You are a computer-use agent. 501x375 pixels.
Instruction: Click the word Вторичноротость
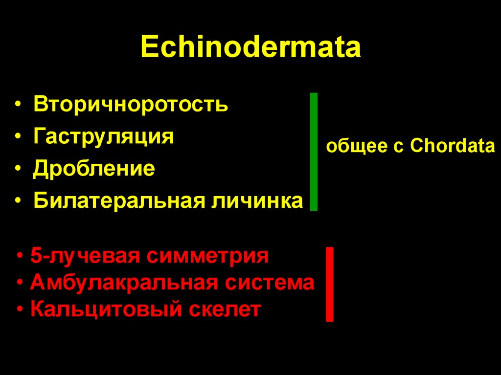(x=131, y=105)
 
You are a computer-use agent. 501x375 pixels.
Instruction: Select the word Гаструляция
(x=104, y=136)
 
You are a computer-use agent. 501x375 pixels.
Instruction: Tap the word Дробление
(x=94, y=169)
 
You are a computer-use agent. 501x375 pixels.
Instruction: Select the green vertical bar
(x=314, y=152)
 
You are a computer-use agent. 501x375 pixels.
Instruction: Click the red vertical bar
(x=330, y=284)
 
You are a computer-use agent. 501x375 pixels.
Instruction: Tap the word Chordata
(x=453, y=146)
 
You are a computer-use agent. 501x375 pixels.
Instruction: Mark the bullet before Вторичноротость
(x=18, y=106)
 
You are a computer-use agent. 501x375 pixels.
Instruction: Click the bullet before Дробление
(x=18, y=169)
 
